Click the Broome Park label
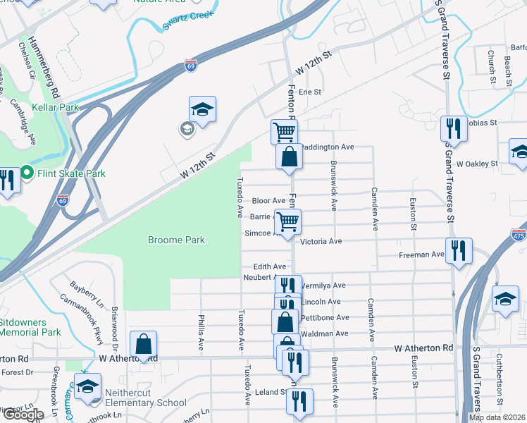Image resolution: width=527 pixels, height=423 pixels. pyautogui.click(x=176, y=240)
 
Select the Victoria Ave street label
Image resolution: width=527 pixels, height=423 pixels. pyautogui.click(x=321, y=241)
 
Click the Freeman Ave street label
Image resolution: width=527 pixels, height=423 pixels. pyautogui.click(x=421, y=255)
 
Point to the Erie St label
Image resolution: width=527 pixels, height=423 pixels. pyautogui.click(x=309, y=92)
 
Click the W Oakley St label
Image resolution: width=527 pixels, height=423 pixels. pyautogui.click(x=477, y=164)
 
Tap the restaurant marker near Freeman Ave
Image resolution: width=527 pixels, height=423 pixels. pyautogui.click(x=459, y=252)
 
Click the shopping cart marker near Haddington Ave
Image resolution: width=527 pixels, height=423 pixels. pyautogui.click(x=283, y=132)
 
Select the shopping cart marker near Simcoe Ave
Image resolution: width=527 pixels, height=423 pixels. pyautogui.click(x=287, y=222)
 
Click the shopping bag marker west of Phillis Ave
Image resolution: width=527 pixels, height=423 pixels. pyautogui.click(x=143, y=345)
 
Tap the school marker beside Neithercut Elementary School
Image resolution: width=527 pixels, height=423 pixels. pyautogui.click(x=88, y=387)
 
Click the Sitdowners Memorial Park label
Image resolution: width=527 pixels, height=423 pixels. pyautogui.click(x=30, y=326)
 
